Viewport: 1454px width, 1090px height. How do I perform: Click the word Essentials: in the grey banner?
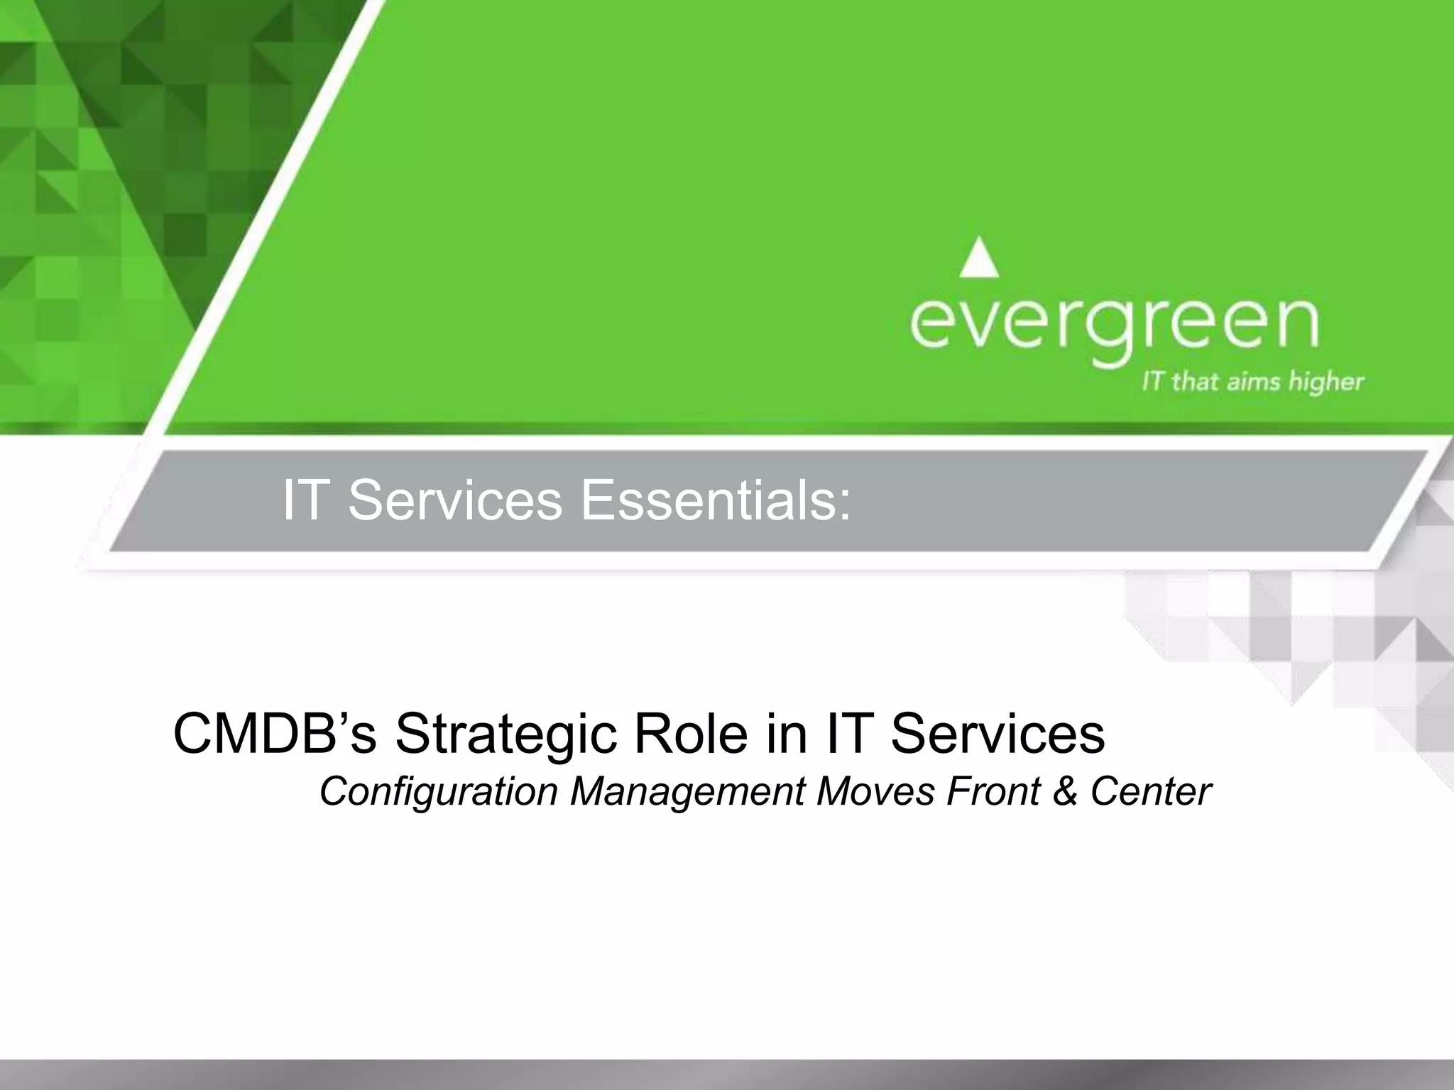(x=716, y=500)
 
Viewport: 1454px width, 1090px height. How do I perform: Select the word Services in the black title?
(x=997, y=734)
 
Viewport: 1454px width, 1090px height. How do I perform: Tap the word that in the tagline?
(x=1192, y=382)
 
